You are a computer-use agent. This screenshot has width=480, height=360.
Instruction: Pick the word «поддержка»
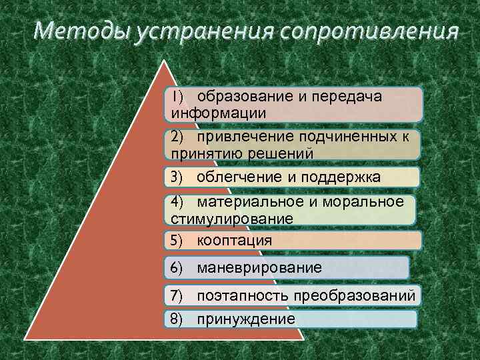[x=339, y=177]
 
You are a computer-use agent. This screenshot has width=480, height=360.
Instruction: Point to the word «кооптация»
[x=235, y=240]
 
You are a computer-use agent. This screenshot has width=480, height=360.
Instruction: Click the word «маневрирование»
[x=259, y=268]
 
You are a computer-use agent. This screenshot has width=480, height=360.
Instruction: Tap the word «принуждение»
[x=246, y=319]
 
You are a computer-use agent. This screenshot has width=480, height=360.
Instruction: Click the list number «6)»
[x=177, y=268]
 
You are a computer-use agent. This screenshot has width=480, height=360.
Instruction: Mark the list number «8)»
[x=177, y=319]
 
